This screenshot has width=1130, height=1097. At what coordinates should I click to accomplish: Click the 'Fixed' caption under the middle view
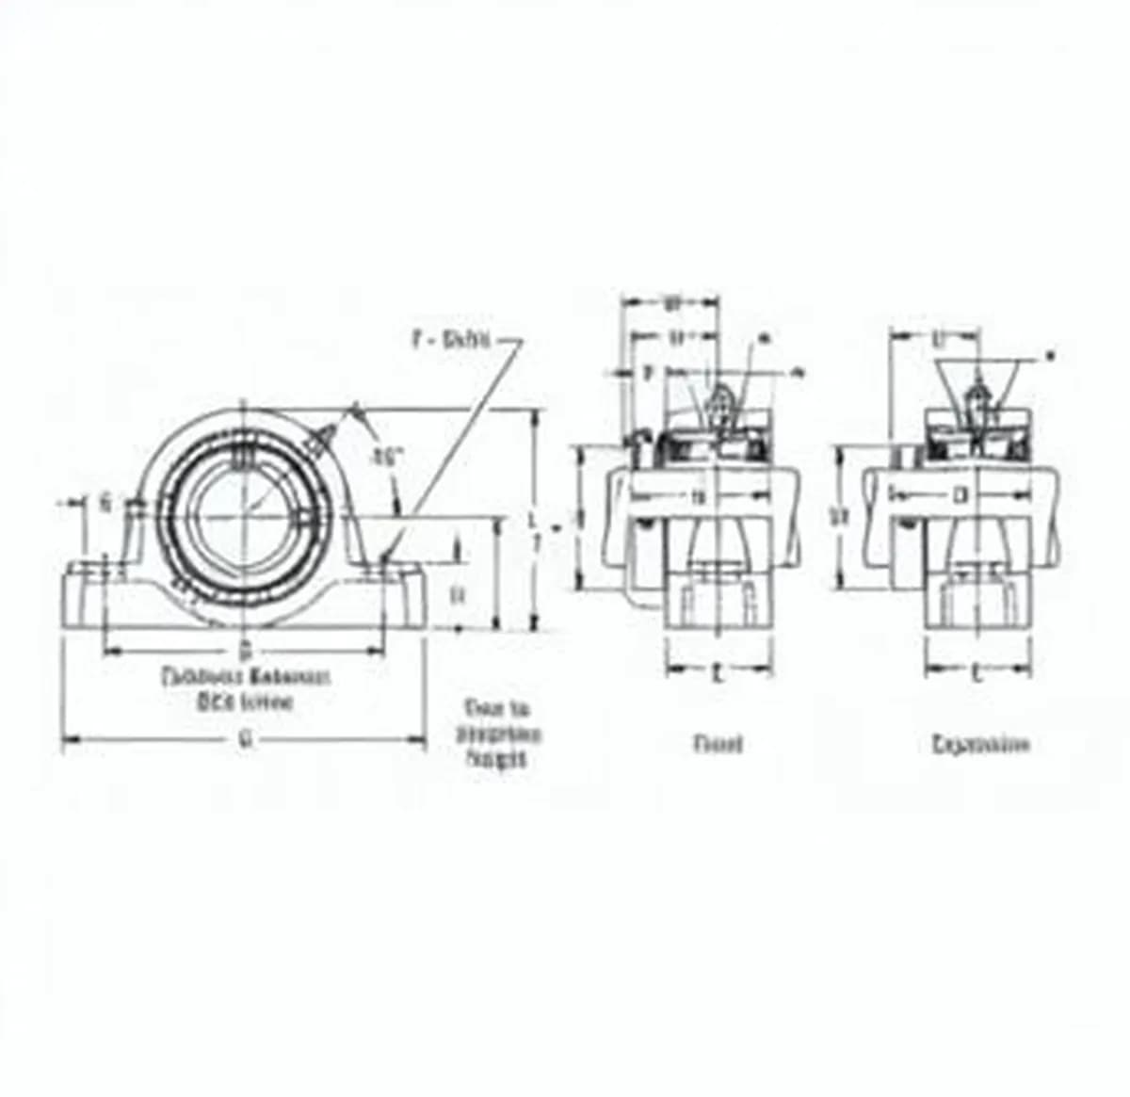tap(718, 744)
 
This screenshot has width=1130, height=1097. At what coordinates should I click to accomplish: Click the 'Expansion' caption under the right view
tap(980, 745)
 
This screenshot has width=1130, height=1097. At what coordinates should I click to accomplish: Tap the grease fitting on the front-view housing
tap(321, 439)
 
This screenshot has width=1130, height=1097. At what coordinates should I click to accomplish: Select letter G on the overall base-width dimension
tap(244, 741)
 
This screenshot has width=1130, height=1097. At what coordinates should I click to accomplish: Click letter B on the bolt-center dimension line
tap(244, 650)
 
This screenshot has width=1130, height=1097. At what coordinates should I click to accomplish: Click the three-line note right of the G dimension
tap(500, 734)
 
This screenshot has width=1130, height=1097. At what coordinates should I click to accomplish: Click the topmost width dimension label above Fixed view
tap(671, 303)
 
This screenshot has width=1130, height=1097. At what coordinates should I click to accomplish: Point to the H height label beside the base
tap(458, 594)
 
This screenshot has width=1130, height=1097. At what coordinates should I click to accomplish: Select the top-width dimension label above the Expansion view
tap(938, 336)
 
